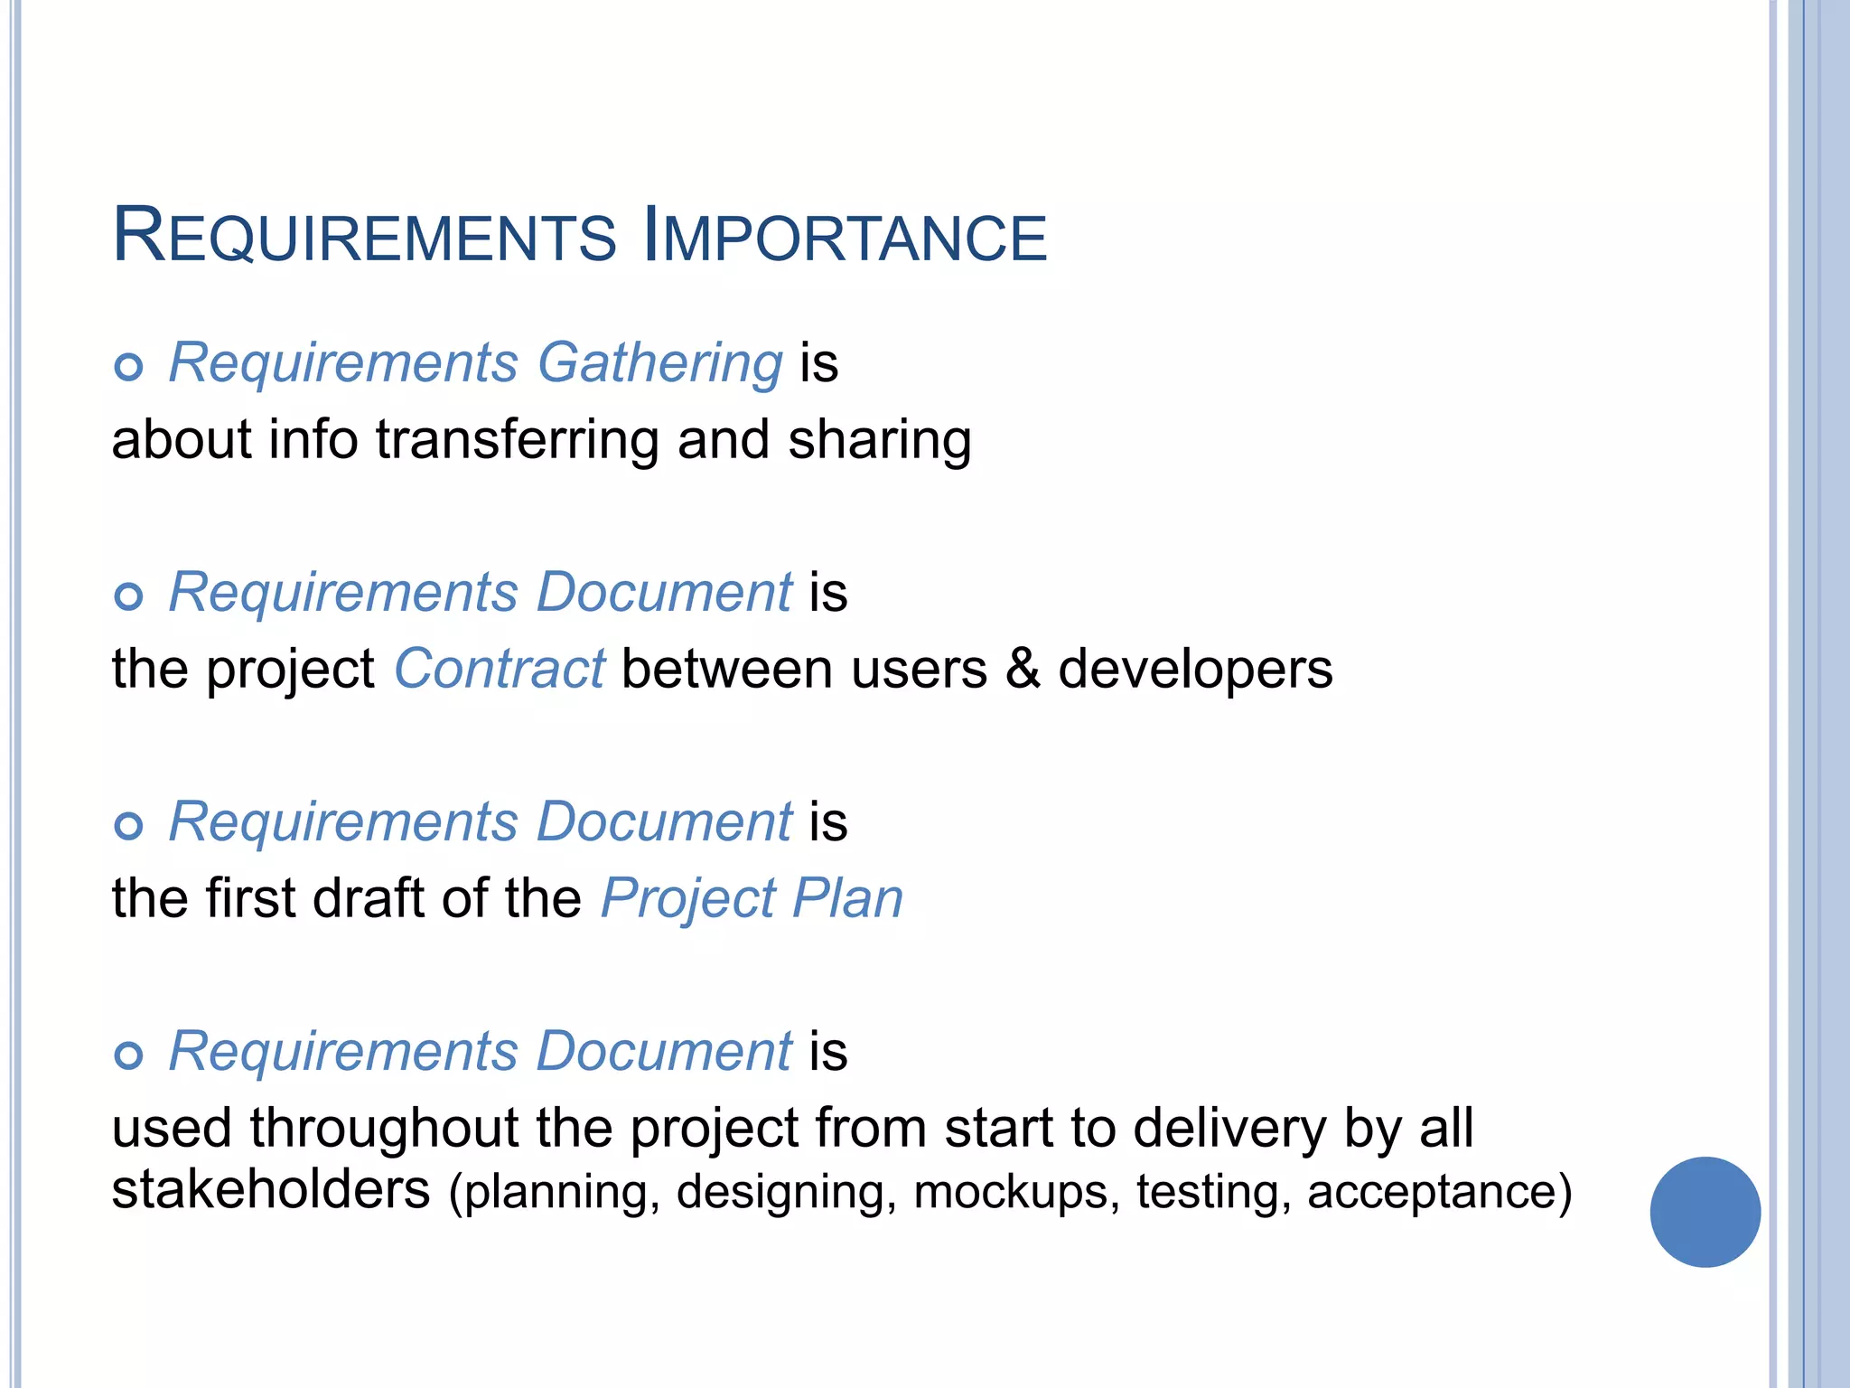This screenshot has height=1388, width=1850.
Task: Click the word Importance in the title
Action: pos(845,237)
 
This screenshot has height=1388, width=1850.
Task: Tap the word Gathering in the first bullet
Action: pos(659,363)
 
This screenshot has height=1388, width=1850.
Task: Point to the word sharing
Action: pos(879,440)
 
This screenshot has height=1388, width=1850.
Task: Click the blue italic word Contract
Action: pos(499,670)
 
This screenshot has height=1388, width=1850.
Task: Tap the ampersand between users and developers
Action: pos(1023,670)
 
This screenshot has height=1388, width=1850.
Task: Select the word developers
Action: pos(1194,670)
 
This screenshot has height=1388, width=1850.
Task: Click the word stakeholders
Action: pos(271,1189)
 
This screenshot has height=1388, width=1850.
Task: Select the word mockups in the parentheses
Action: pos(1010,1191)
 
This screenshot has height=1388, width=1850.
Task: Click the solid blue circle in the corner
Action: pos(1705,1212)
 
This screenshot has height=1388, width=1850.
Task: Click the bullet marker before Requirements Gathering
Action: pos(129,367)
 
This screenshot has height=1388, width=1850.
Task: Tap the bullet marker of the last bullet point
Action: pos(129,1055)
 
